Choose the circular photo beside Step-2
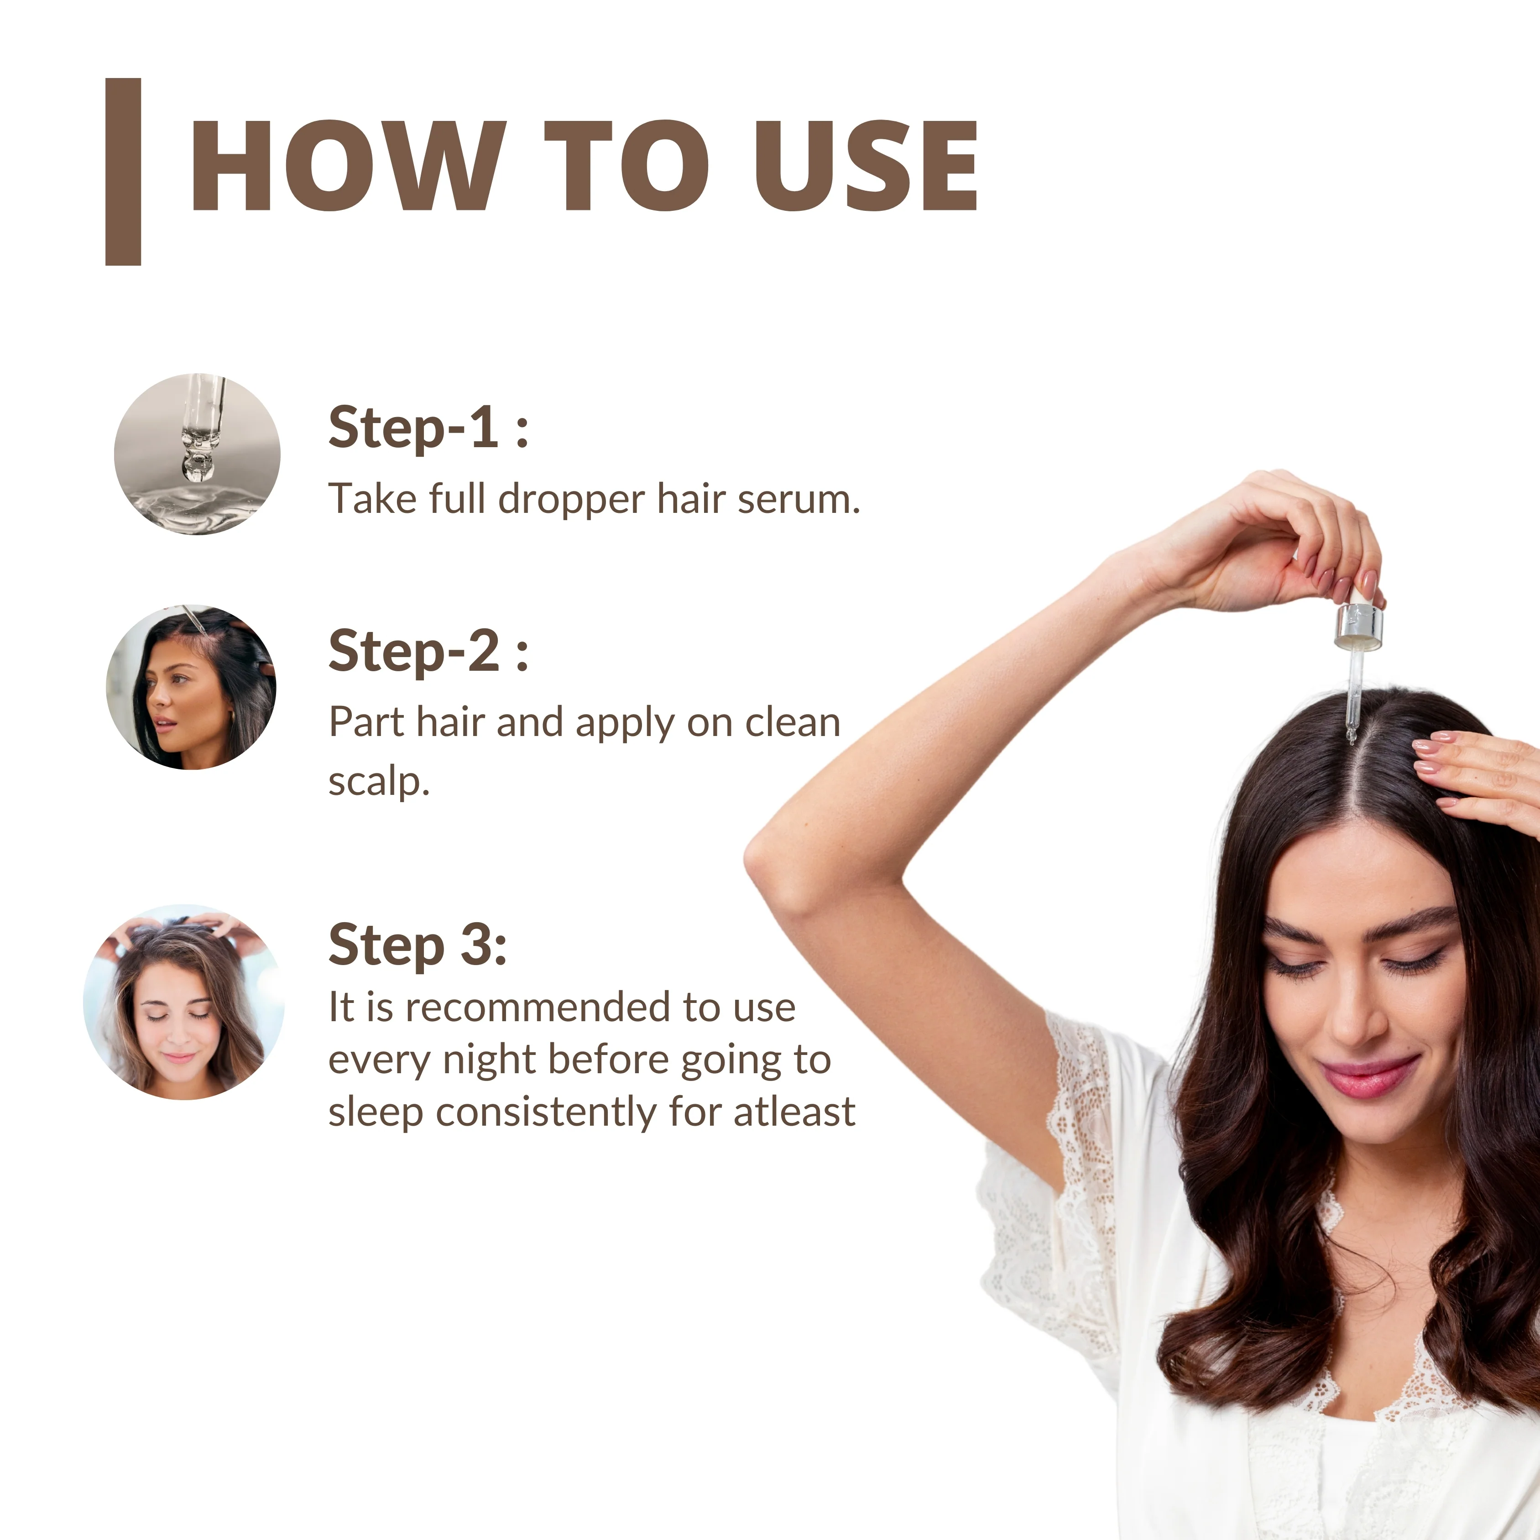tap(191, 687)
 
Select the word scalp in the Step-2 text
tap(379, 782)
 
